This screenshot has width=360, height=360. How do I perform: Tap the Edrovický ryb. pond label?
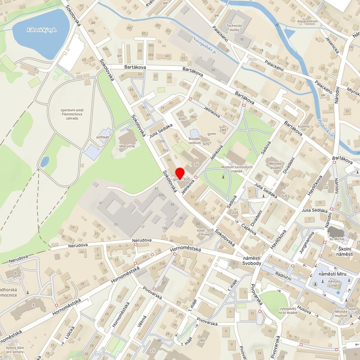pyautogui.click(x=42, y=30)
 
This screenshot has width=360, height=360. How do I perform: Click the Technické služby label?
pyautogui.click(x=234, y=28)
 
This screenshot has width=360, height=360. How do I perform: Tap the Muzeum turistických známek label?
pyautogui.click(x=237, y=170)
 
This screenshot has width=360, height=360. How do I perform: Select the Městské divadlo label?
pyautogui.click(x=276, y=166)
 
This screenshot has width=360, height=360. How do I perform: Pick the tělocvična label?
pyautogui.click(x=128, y=147)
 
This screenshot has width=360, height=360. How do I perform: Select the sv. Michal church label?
pyautogui.click(x=334, y=240)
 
